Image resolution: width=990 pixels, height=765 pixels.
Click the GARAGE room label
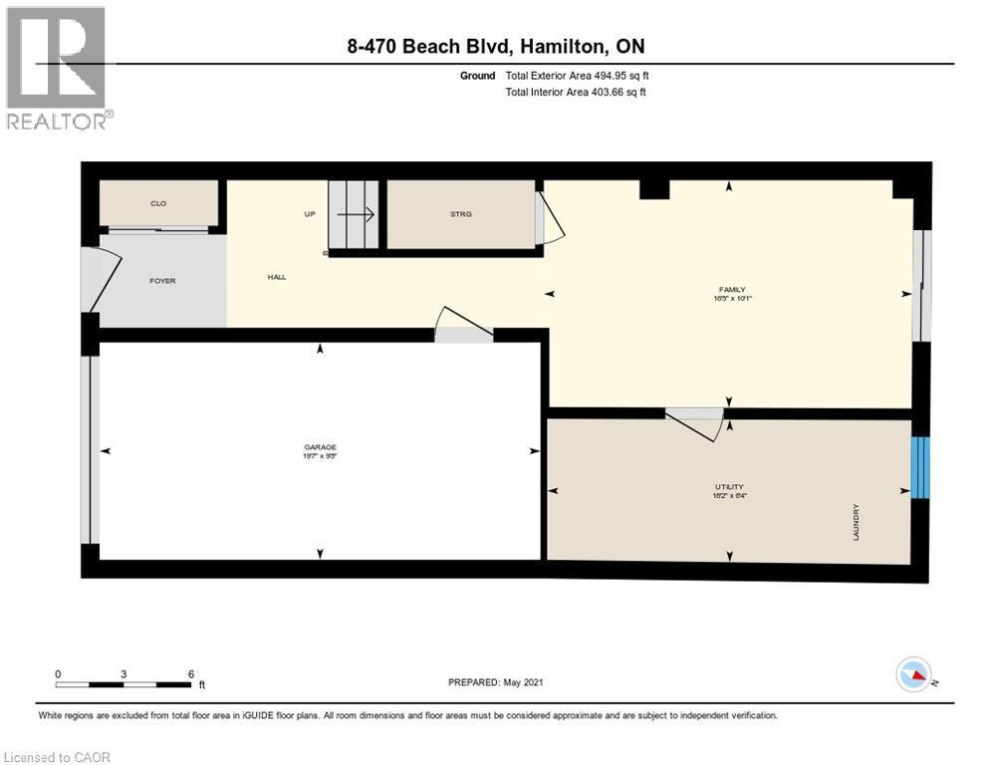point(320,446)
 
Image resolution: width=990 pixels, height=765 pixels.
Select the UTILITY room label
point(730,487)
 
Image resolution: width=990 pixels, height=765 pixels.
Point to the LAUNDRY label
point(856,522)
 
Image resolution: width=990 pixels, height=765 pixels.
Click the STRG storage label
point(460,214)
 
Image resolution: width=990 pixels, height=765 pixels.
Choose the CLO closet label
point(157,203)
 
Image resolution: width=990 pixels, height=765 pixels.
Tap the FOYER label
point(161,281)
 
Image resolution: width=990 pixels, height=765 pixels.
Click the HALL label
point(276,277)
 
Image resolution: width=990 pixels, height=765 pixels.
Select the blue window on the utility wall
point(921,467)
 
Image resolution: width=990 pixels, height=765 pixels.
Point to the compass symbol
point(914,675)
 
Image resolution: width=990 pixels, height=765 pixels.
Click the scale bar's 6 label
point(190,673)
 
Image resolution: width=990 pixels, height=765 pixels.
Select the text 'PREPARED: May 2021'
point(495,682)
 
